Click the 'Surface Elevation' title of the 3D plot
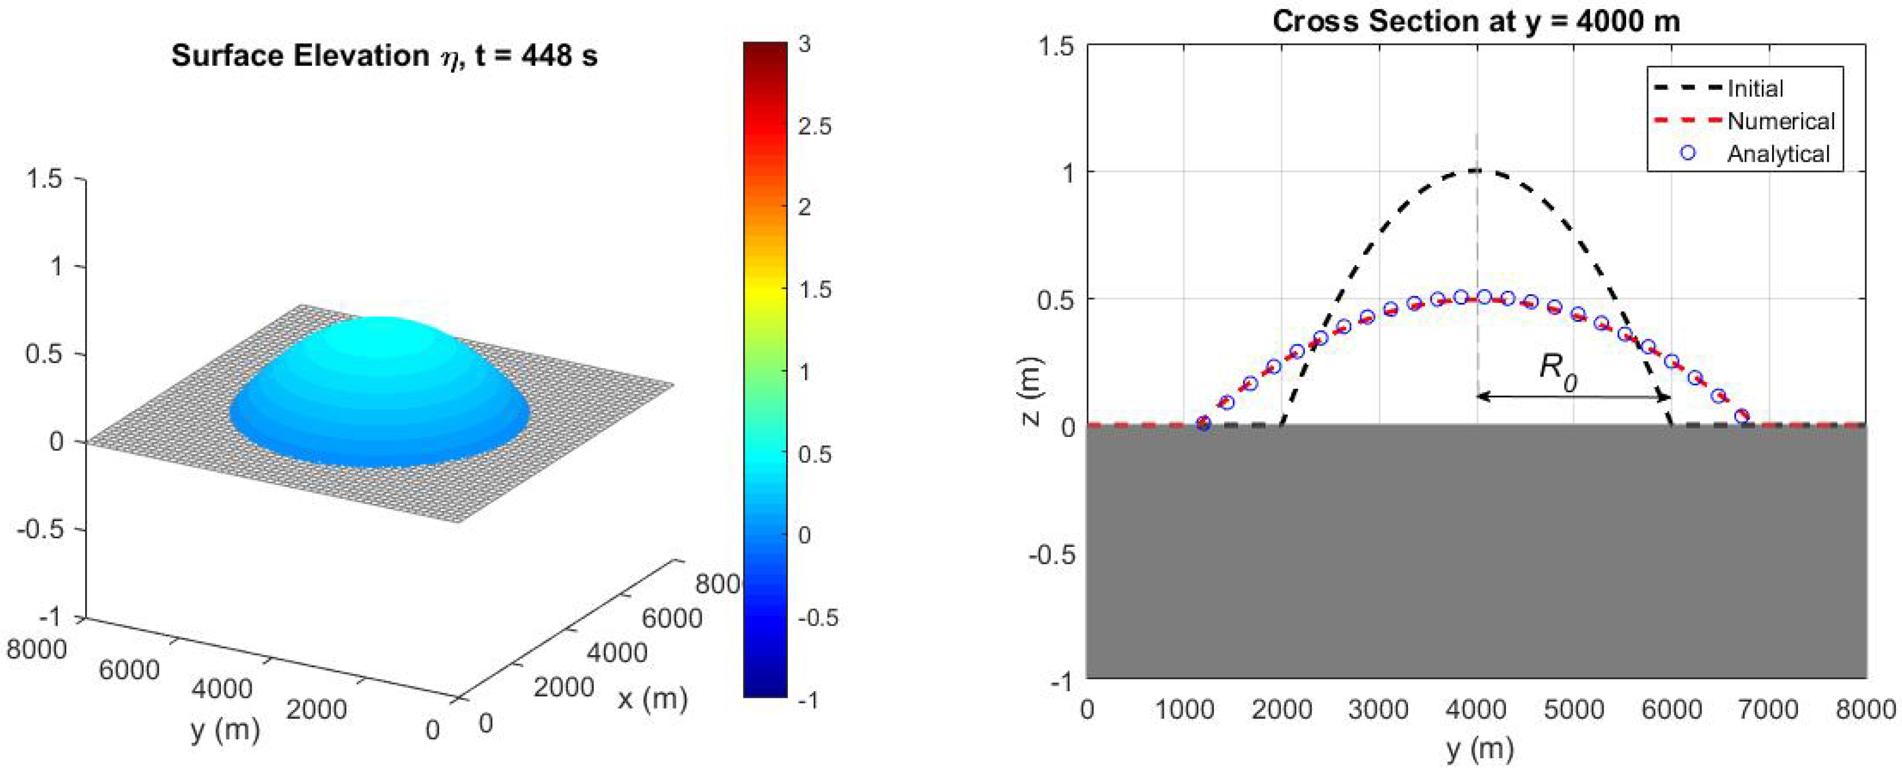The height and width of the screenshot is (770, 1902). click(x=384, y=56)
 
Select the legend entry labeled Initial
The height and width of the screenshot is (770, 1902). click(x=1754, y=88)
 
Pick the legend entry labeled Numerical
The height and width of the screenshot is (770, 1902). click(x=1780, y=121)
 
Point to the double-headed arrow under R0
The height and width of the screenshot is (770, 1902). click(x=1573, y=397)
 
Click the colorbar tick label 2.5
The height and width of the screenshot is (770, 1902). click(x=814, y=126)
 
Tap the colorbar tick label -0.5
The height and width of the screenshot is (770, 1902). click(x=818, y=617)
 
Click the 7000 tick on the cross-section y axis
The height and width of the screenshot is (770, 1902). click(x=1768, y=710)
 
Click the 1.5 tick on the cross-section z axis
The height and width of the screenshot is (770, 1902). click(x=1057, y=46)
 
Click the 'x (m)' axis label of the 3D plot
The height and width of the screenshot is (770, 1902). click(x=652, y=698)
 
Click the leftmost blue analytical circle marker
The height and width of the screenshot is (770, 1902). click(x=1204, y=424)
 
